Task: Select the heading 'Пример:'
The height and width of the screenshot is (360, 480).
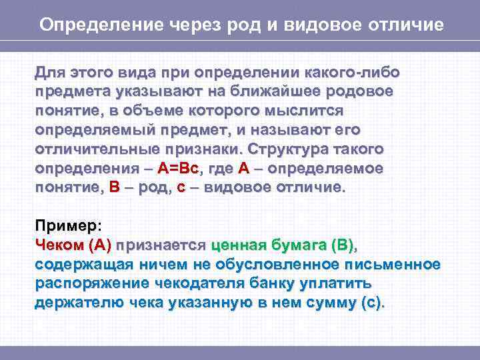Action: point(67,226)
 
